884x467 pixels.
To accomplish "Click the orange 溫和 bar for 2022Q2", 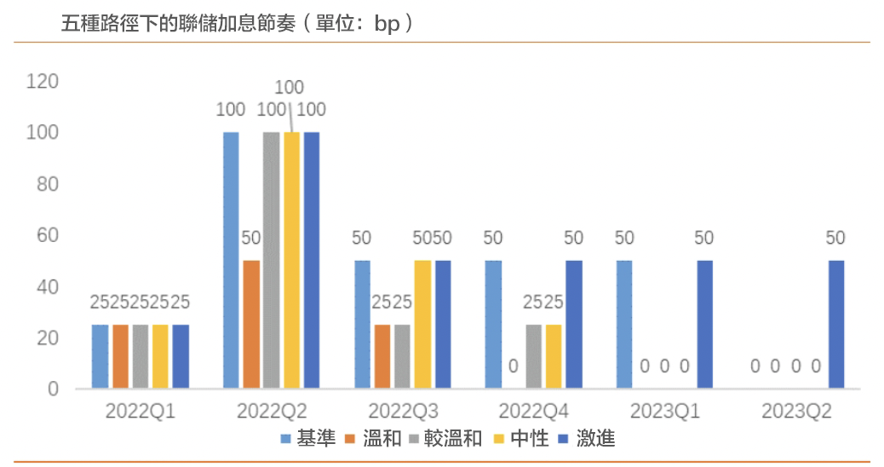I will pyautogui.click(x=251, y=325).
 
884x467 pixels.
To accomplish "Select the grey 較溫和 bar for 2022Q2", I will pyautogui.click(x=271, y=261).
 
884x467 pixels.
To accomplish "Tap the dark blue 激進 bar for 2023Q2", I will pyautogui.click(x=837, y=325).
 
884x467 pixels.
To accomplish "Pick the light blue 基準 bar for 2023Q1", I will pyautogui.click(x=624, y=325).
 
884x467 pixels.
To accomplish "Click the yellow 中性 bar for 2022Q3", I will pyautogui.click(x=422, y=325).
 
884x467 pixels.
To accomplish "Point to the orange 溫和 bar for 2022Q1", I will pyautogui.click(x=120, y=356).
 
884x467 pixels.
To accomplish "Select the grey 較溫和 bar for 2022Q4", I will pyautogui.click(x=534, y=356).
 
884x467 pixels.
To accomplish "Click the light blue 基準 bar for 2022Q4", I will pyautogui.click(x=493, y=325).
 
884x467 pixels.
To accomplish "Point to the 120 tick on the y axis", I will pyautogui.click(x=42, y=82).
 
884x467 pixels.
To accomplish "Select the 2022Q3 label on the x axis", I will pyautogui.click(x=402, y=412).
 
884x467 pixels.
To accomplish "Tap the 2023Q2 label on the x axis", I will pyautogui.click(x=796, y=412).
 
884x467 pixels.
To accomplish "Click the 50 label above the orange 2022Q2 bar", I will pyautogui.click(x=251, y=238).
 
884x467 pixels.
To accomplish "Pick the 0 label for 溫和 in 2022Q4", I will pyautogui.click(x=514, y=367).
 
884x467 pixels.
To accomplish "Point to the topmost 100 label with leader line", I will pyautogui.click(x=290, y=87).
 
